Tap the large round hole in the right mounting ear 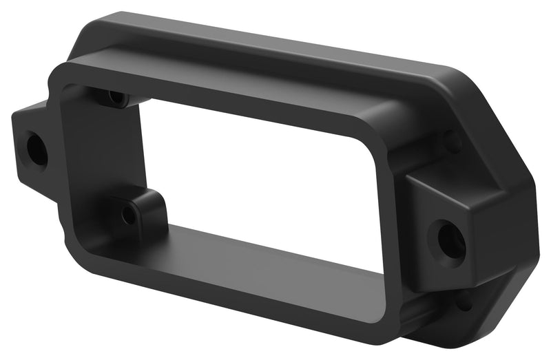pyautogui.click(x=450, y=240)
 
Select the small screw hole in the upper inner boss pyautogui.click(x=117, y=98)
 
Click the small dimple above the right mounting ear pyautogui.click(x=453, y=143)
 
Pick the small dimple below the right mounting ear pyautogui.click(x=462, y=302)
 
